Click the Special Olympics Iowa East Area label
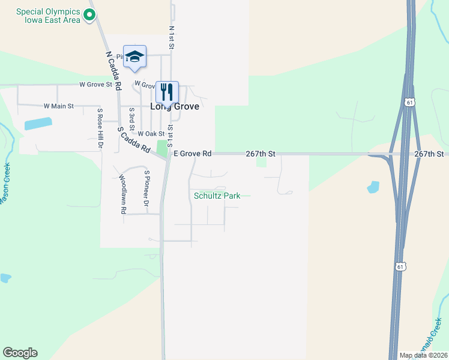[48, 16]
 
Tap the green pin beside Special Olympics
[89, 15]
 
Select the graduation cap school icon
[134, 56]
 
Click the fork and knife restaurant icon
[167, 92]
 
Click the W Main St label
[58, 106]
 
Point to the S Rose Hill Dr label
[100, 128]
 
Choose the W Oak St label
[151, 134]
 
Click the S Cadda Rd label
[133, 140]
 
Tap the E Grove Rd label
[193, 154]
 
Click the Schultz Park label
[217, 196]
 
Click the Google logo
[20, 353]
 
